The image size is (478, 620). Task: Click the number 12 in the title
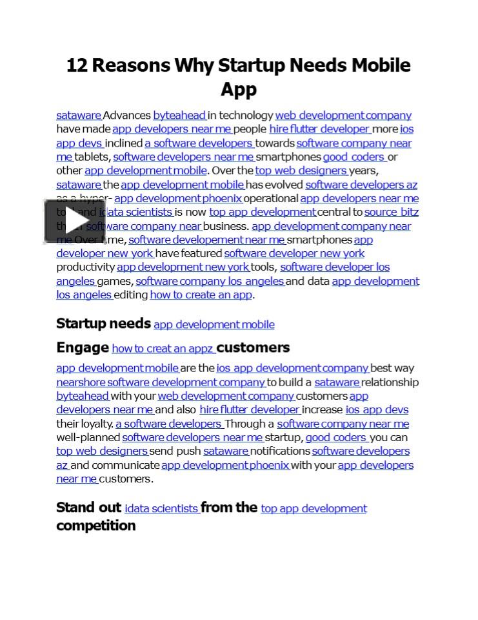77,65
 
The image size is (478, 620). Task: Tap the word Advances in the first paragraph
127,116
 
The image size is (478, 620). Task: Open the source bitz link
392,212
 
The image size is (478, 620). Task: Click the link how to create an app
201,294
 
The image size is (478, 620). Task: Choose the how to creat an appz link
163,349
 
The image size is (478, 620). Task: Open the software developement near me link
207,240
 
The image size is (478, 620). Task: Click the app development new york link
183,267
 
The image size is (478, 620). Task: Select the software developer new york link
294,253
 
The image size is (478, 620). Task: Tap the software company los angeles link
210,281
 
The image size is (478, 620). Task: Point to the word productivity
85,267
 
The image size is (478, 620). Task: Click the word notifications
280,451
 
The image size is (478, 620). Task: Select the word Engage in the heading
83,347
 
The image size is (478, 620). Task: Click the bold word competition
95,526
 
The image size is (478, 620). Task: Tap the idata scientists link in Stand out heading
161,508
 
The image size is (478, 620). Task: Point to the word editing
131,294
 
